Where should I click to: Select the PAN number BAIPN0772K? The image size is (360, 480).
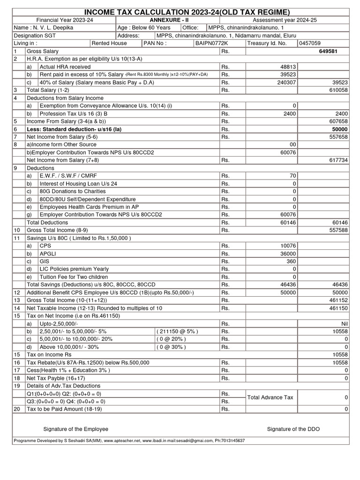pos(211,43)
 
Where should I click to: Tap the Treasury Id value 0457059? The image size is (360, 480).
pos(311,43)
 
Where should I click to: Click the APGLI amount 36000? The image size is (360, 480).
pos(286,254)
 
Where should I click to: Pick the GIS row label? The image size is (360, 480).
pos(45,262)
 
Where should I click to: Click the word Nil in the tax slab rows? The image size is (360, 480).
pos(343,323)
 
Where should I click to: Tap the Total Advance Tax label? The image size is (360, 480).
pos(270,397)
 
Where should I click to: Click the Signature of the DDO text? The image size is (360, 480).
pos(293,429)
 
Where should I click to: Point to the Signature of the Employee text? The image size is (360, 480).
pos(75,429)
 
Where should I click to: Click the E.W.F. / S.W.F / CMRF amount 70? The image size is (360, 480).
pos(292,176)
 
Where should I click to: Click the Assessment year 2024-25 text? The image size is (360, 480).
pos(285,20)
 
